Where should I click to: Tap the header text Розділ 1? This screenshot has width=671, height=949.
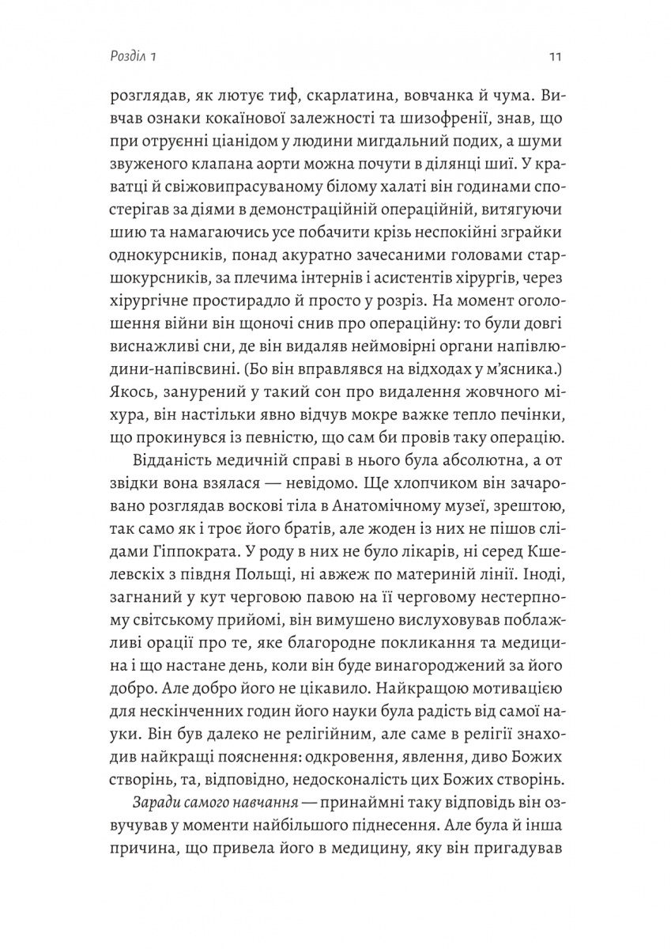pos(134,57)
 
